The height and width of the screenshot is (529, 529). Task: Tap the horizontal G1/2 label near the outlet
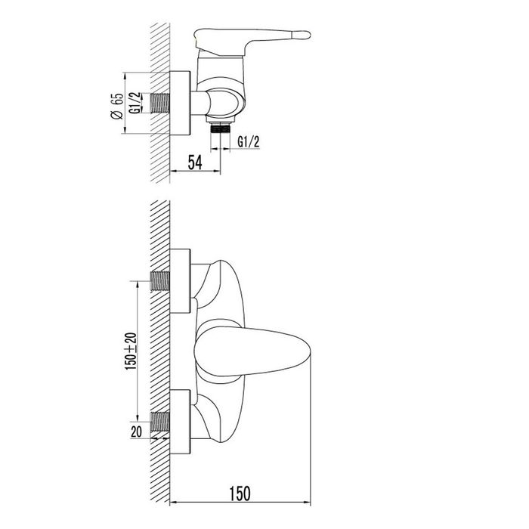tap(249, 141)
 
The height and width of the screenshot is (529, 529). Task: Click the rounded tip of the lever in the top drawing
tap(305, 34)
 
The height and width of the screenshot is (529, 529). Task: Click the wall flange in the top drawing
tap(181, 103)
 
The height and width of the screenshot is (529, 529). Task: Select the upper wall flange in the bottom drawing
tap(181, 280)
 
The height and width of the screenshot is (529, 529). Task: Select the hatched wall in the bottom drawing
tap(160, 348)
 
